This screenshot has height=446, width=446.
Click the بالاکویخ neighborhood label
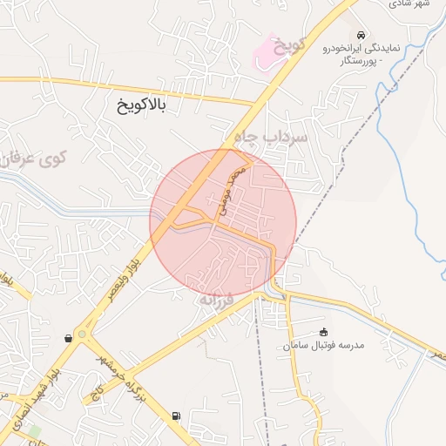tap(140, 106)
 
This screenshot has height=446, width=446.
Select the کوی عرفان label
tap(35, 159)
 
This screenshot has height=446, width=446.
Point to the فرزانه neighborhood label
tap(218, 300)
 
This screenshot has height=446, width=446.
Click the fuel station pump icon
tap(176, 416)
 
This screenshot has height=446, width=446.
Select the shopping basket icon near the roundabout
tap(68, 338)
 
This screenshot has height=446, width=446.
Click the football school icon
tap(324, 331)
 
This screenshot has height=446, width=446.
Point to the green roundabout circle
tap(82, 333)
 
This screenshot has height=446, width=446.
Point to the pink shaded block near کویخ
tap(264, 55)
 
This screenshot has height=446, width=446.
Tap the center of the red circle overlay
tap(224, 222)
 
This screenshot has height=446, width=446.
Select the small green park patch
tap(34, 431)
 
